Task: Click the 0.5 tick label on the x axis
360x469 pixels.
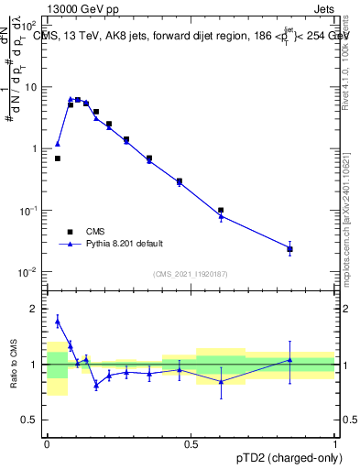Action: coord(191,444)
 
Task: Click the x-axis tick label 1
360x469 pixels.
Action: coord(335,444)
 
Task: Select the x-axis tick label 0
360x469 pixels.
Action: coord(47,444)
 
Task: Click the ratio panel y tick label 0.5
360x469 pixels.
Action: coord(32,420)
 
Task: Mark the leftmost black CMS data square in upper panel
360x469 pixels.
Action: coord(58,158)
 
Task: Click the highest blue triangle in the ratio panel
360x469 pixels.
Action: coord(58,321)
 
